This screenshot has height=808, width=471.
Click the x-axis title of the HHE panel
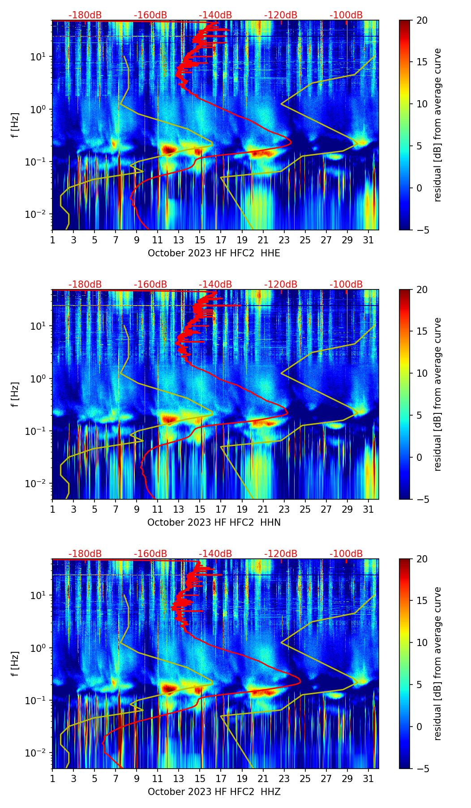pos(214,253)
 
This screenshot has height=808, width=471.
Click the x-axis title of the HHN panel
pos(214,523)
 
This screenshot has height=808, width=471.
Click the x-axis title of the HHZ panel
pos(214,792)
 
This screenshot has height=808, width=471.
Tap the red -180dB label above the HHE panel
pos(85,15)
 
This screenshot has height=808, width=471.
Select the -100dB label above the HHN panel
pos(346,285)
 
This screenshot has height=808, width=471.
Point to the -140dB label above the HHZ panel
pos(215,554)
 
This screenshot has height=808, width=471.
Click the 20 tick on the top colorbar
pos(422,21)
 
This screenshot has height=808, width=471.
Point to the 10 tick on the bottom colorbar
pos(422,642)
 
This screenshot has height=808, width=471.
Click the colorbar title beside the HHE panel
pos(437,125)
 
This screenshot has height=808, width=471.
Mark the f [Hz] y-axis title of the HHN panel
pos(15,394)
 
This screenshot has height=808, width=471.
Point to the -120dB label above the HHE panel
pos(281,15)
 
